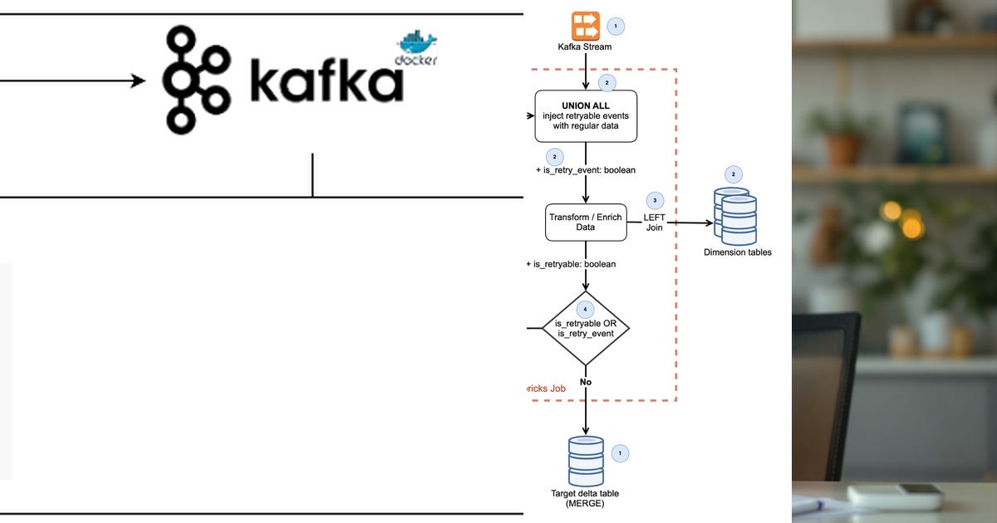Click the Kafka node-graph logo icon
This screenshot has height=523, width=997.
coord(196,80)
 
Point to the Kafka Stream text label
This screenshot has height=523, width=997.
coord(585,46)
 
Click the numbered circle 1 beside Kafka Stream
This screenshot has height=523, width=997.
coord(616,26)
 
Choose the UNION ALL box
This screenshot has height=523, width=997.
coord(586,116)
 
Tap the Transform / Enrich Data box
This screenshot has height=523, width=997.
coord(586,222)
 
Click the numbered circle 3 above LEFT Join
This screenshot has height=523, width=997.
coord(655,200)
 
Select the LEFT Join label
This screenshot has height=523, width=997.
coord(655,222)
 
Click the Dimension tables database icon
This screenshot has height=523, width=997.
coord(736,216)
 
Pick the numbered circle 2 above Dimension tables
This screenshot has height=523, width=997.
coord(734,174)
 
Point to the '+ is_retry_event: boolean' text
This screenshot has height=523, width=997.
coord(586,170)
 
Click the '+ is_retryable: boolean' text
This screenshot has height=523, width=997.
coord(572,264)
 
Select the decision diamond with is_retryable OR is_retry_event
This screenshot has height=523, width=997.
coord(586,328)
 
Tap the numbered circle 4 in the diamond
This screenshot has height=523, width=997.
coord(586,309)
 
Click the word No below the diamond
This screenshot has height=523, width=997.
coord(586,382)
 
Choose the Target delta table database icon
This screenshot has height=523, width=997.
coord(586,461)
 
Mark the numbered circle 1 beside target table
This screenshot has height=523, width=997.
coord(619,453)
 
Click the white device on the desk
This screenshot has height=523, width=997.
coord(895,496)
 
